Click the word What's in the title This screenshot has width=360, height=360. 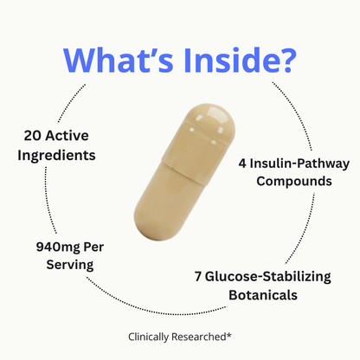click(x=119, y=61)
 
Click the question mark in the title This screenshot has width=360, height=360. click(x=286, y=61)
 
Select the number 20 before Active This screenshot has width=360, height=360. click(x=32, y=136)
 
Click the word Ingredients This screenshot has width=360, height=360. click(x=56, y=156)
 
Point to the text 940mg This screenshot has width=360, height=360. click(x=58, y=247)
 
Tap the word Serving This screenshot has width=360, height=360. click(x=70, y=265)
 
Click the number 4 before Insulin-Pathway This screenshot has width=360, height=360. click(x=242, y=164)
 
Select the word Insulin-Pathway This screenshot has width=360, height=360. click(x=299, y=164)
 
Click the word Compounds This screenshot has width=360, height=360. click(x=294, y=182)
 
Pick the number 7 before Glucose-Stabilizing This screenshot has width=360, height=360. click(x=197, y=277)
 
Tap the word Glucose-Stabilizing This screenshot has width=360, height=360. click(x=268, y=277)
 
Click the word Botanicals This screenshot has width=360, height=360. click(x=263, y=295)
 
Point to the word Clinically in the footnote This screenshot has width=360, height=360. click(x=148, y=337)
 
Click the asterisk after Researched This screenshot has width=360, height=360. click(x=228, y=335)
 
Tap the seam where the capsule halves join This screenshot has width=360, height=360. click(x=183, y=173)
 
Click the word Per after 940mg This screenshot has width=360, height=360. click(x=93, y=247)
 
